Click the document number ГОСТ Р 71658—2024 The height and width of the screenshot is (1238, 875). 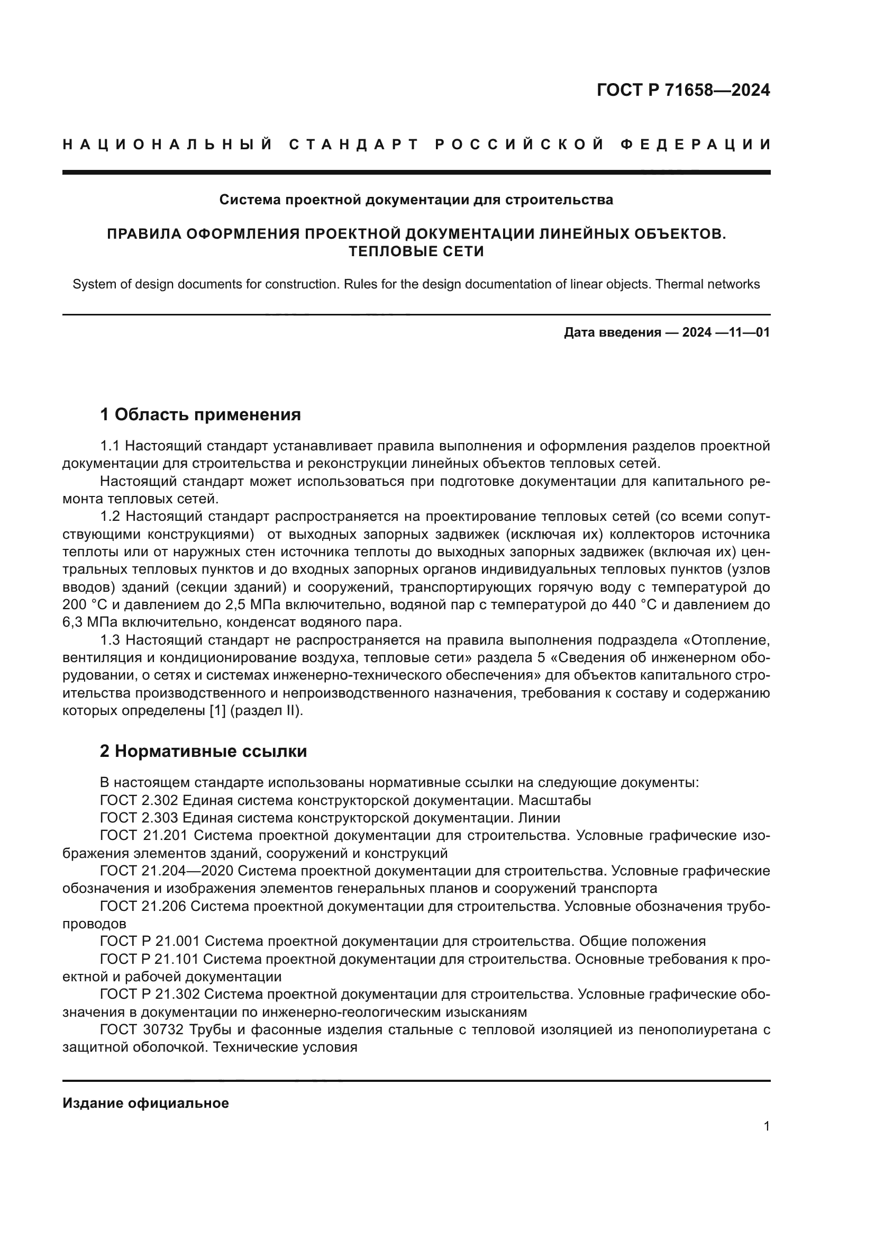tap(683, 90)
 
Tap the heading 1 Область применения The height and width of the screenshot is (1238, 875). tap(200, 414)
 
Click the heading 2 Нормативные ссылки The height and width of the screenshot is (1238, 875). tap(203, 751)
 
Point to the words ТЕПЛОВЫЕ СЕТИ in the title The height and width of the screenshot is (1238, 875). tap(416, 252)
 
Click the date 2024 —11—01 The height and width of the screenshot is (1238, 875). tap(726, 333)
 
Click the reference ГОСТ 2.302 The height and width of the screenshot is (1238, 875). tap(139, 801)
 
